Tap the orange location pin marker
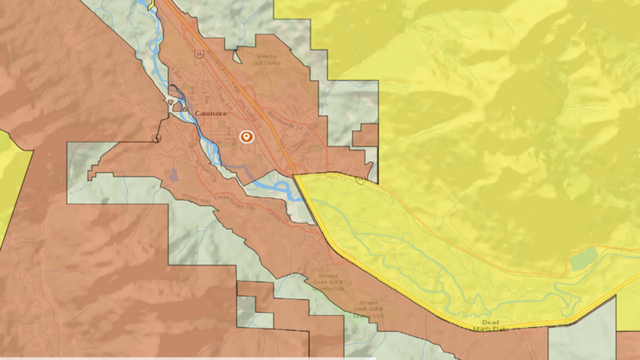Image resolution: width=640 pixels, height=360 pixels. (x=246, y=137)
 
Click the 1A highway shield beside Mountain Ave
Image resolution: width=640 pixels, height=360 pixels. (x=199, y=54)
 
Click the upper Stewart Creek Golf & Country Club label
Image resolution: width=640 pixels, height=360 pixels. (x=328, y=281)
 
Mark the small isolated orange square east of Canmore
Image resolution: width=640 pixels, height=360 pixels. (x=365, y=135)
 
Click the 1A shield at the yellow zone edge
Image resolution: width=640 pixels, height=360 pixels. (x=362, y=181)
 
